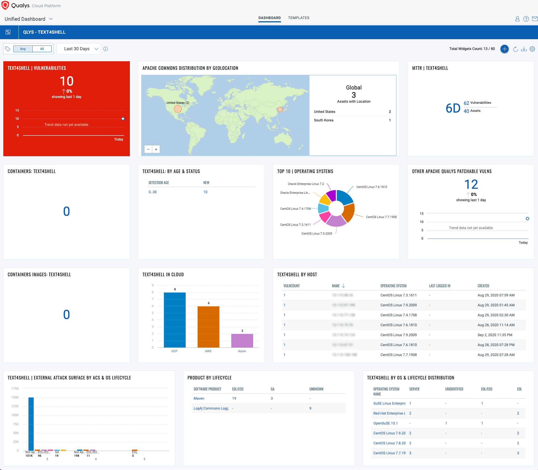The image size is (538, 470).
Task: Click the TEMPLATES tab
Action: pyautogui.click(x=298, y=18)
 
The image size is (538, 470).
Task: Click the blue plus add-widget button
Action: pyautogui.click(x=504, y=49)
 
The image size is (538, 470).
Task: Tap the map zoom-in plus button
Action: pyautogui.click(x=156, y=149)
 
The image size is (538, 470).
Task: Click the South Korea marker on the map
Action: pyautogui.click(x=280, y=110)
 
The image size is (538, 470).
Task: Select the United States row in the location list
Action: pyautogui.click(x=352, y=112)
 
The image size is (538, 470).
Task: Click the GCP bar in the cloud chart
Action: pyautogui.click(x=175, y=320)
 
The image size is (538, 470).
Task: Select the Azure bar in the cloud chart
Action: pyautogui.click(x=242, y=341)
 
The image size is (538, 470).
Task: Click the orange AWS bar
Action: pyautogui.click(x=208, y=327)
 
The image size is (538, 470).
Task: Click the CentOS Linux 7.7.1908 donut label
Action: pyautogui.click(x=381, y=217)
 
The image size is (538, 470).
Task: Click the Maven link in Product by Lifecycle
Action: pyautogui.click(x=199, y=399)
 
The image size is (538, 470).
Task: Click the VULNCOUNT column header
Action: pyautogui.click(x=292, y=286)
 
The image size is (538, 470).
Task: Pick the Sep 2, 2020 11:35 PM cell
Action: pyautogui.click(x=495, y=335)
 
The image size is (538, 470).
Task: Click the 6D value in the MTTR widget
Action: pyautogui.click(x=453, y=108)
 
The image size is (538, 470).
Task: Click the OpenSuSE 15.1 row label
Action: pyautogui.click(x=385, y=423)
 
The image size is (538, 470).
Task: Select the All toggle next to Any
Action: pyautogui.click(x=42, y=49)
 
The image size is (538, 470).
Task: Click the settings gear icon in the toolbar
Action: pyautogui.click(x=532, y=49)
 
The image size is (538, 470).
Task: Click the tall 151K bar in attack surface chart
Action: pyautogui.click(x=31, y=424)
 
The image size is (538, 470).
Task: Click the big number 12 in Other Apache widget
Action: pyautogui.click(x=471, y=184)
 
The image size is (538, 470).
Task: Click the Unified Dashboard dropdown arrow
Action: pyautogui.click(x=51, y=19)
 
